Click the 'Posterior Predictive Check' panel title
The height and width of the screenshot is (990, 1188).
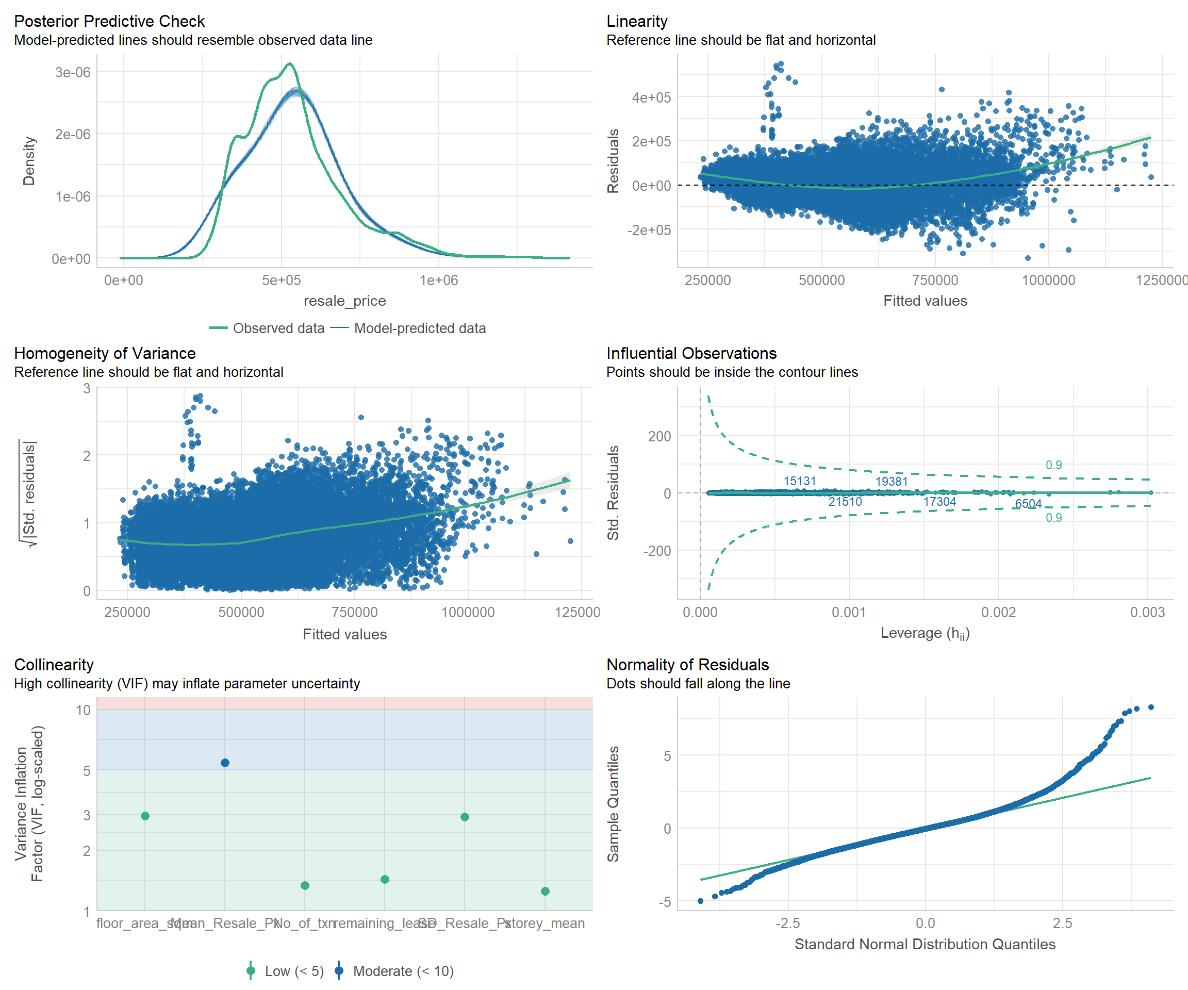pos(109,21)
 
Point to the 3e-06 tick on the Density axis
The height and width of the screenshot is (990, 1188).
pos(72,72)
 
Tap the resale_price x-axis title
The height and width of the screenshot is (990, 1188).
pos(344,301)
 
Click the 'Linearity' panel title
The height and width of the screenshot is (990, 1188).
pos(636,21)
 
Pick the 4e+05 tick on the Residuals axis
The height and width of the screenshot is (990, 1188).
pos(651,98)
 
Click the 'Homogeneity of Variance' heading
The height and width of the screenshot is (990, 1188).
pos(105,353)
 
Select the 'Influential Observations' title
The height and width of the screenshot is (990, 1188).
pos(691,353)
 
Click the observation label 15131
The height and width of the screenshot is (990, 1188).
pos(799,481)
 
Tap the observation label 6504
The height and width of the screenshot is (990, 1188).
pos(1028,503)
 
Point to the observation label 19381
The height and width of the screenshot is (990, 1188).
pos(892,482)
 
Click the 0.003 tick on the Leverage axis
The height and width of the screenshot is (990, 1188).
pos(1147,612)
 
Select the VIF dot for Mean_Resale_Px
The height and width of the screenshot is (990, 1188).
pos(225,763)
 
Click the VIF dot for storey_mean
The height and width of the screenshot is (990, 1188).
pos(545,891)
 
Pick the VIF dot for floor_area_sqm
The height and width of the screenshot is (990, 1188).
pos(145,816)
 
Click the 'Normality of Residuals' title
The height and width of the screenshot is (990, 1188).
pos(687,665)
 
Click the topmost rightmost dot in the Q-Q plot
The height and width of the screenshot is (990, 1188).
pos(1151,707)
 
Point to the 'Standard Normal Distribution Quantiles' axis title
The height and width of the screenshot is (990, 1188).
pos(925,944)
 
